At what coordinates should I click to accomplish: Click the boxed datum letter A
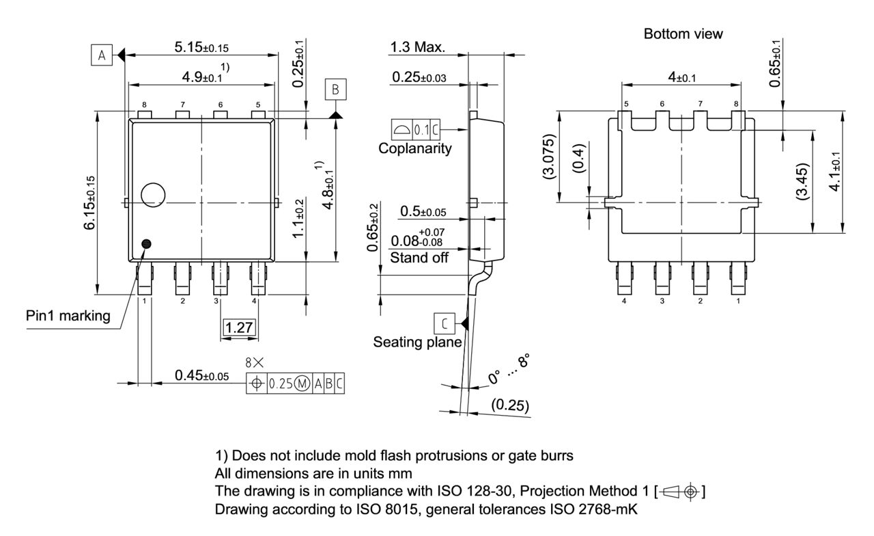(101, 56)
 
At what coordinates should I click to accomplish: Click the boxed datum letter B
(335, 89)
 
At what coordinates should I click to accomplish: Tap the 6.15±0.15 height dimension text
(90, 202)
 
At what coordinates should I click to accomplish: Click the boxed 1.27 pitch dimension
(240, 327)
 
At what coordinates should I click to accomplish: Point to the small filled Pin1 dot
(146, 243)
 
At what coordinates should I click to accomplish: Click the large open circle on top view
(153, 195)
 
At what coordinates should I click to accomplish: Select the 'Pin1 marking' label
(68, 315)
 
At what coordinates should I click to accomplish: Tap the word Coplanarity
(415, 148)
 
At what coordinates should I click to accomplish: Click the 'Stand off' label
(419, 258)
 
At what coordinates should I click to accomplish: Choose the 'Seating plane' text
(417, 341)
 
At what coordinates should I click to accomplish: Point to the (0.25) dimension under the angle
(510, 405)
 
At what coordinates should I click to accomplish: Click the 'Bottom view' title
(683, 33)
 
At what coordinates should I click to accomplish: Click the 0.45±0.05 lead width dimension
(201, 375)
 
